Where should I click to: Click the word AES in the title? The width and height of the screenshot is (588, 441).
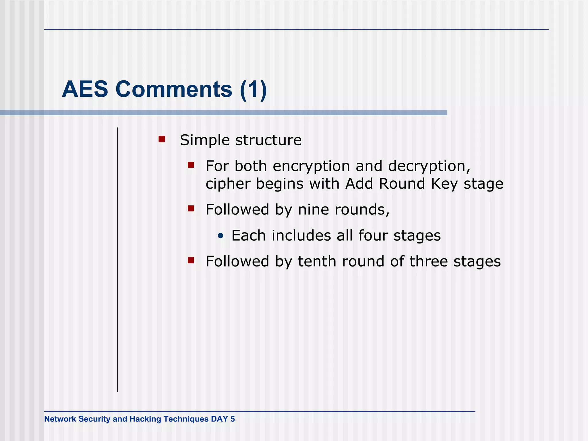click(x=85, y=89)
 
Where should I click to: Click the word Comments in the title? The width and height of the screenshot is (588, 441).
click(x=174, y=89)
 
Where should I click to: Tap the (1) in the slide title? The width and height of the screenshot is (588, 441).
click(x=253, y=89)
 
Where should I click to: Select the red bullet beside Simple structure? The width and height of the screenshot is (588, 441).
click(x=162, y=139)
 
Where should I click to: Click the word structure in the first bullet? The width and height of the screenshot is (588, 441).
click(x=268, y=140)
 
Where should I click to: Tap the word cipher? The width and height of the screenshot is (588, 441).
click(x=228, y=184)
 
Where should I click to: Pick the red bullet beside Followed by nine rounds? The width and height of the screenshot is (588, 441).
click(x=191, y=208)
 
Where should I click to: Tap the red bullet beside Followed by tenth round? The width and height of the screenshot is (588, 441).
click(x=191, y=260)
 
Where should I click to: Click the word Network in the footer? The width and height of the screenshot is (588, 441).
click(x=60, y=419)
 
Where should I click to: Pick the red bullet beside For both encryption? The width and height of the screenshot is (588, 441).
click(x=191, y=165)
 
